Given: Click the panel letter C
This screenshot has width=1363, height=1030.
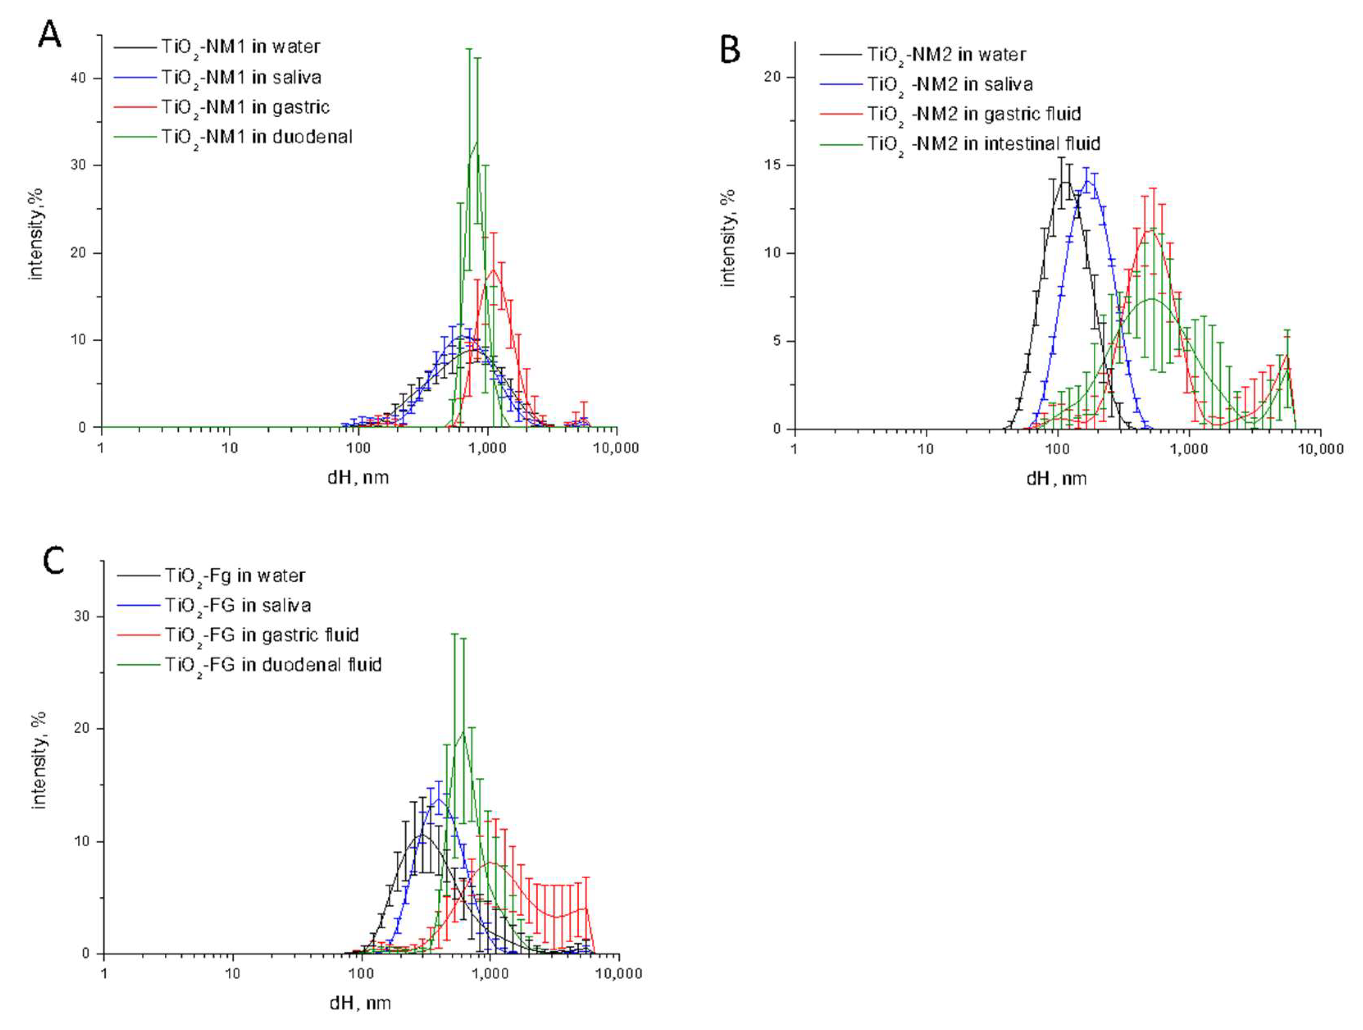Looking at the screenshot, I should click(x=54, y=561).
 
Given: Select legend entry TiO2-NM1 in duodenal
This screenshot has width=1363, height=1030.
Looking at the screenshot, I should click(x=256, y=137).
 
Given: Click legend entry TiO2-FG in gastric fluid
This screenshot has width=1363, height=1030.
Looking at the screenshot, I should click(x=261, y=635).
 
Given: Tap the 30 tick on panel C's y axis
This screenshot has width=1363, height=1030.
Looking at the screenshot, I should click(x=82, y=616).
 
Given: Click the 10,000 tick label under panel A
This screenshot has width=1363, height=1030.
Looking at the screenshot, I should click(x=616, y=448).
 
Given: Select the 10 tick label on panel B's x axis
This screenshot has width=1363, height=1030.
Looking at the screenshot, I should click(x=926, y=450).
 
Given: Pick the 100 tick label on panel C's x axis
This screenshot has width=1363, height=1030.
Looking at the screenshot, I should click(x=361, y=975).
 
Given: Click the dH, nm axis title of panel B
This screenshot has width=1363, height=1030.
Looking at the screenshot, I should click(x=1056, y=479).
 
